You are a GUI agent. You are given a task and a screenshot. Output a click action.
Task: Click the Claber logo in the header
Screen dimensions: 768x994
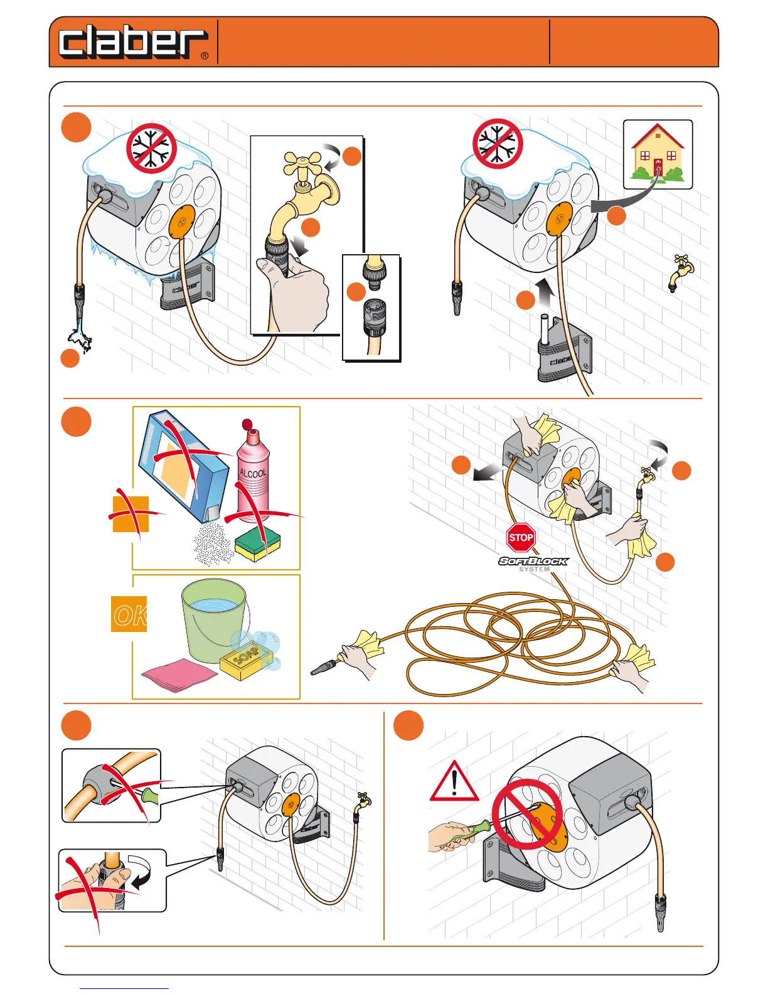[x=133, y=43]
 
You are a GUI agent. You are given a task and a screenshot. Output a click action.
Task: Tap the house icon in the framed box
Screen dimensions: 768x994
[x=658, y=154]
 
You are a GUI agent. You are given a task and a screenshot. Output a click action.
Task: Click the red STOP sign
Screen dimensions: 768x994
[x=521, y=538]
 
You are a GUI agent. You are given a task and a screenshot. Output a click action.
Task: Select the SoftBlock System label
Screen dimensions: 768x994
[x=533, y=564]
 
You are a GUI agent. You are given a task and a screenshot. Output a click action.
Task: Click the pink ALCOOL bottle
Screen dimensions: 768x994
[x=253, y=473]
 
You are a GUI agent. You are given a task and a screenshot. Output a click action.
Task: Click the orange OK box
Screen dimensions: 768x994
[x=129, y=614]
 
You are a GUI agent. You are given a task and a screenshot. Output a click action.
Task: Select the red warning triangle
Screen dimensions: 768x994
[x=454, y=782]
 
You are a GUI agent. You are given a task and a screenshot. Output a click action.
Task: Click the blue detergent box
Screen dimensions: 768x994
[x=182, y=464]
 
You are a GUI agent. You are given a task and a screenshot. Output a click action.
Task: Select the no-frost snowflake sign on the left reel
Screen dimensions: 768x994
[x=151, y=147]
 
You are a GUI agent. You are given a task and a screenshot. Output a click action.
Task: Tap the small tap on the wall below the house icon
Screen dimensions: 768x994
[x=681, y=272]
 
